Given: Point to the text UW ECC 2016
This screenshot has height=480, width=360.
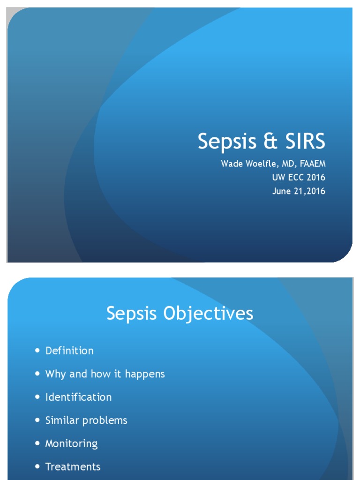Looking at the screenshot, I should tap(299, 178).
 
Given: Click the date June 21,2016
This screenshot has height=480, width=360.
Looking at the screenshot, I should tap(299, 191).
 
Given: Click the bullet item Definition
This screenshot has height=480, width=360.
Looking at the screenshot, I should tap(69, 351).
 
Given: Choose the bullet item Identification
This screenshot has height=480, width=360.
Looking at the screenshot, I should tap(78, 397).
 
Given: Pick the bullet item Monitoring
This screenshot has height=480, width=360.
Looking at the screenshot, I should tap(71, 443).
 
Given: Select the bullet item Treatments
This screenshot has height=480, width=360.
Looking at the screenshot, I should tap(73, 467).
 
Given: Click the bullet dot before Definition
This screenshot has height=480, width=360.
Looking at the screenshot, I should tap(37, 351).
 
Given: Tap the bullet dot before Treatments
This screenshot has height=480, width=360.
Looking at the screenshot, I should tap(37, 467).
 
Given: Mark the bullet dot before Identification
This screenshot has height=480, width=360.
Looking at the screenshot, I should tap(37, 397).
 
